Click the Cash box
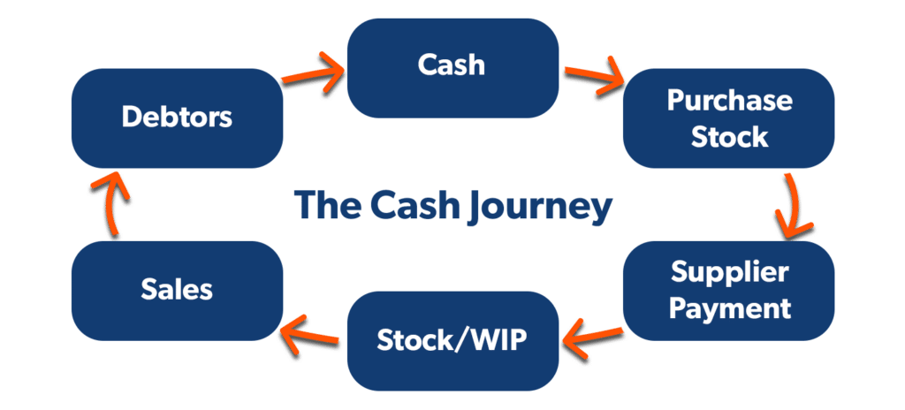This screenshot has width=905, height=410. point(452,66)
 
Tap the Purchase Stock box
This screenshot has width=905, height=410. point(728,118)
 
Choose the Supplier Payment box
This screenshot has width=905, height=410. point(728,290)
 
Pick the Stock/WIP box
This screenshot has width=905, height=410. point(452,340)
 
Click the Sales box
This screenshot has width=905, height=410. point(177,290)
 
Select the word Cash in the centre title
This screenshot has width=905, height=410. point(420,205)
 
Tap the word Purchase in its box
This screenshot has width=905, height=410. point(729,100)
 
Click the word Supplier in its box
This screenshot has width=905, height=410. point(729,272)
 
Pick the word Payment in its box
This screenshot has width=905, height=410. point(729,308)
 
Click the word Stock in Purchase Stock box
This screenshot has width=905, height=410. point(729,137)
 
